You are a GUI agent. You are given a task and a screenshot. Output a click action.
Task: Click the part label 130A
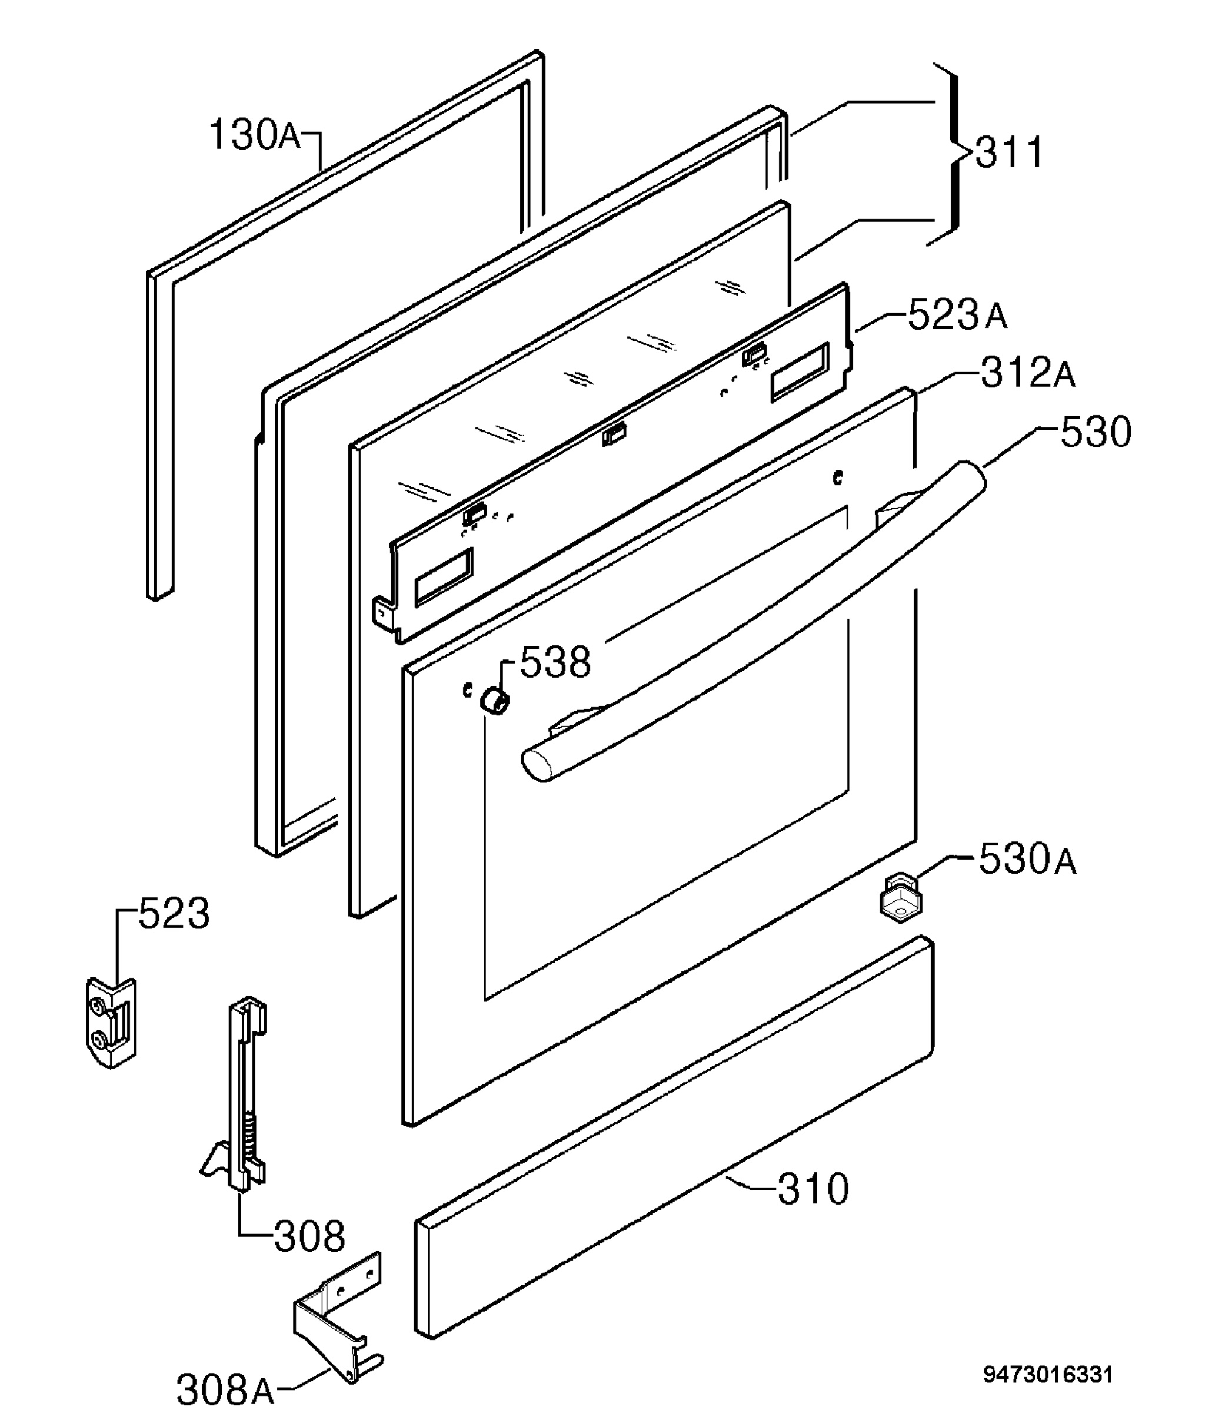[254, 134]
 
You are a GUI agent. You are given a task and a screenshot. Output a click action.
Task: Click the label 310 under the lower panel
[814, 1189]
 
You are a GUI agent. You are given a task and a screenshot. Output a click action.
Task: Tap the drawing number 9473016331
[1047, 1374]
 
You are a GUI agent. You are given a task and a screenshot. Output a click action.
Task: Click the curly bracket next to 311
[951, 154]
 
